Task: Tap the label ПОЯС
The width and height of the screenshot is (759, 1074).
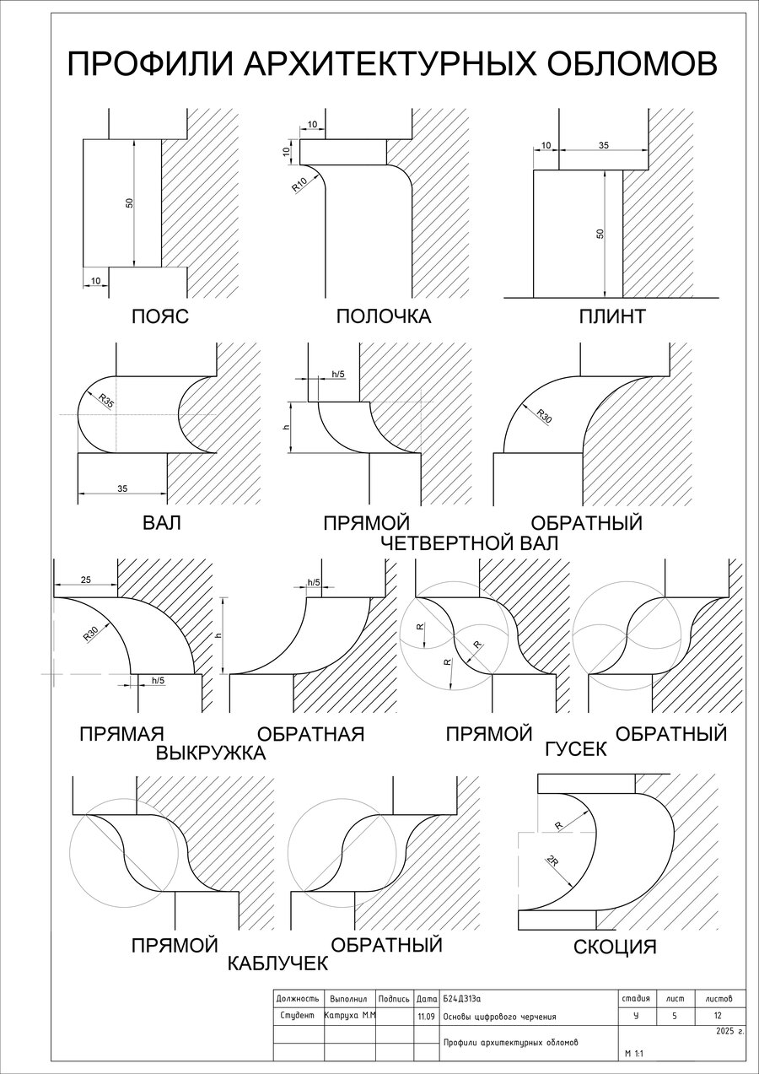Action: (x=159, y=317)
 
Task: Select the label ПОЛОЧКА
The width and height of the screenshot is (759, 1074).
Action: (x=383, y=317)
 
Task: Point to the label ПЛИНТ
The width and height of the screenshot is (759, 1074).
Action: (x=612, y=317)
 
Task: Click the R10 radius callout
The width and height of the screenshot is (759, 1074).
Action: (x=299, y=185)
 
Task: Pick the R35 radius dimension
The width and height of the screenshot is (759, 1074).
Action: (x=106, y=401)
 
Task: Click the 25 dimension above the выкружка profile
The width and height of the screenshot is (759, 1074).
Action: (x=86, y=580)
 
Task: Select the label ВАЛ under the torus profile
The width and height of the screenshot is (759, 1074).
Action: (x=162, y=524)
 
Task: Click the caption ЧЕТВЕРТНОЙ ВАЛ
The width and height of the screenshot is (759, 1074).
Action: (x=470, y=544)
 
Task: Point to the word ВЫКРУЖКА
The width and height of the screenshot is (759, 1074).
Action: (x=211, y=753)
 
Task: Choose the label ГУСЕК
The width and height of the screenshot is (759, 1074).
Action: (x=576, y=749)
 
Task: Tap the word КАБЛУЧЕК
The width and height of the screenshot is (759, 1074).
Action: (x=277, y=963)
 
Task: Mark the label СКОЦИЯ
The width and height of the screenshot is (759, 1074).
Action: (x=615, y=947)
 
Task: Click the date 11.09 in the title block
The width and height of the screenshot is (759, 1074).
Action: (x=426, y=1017)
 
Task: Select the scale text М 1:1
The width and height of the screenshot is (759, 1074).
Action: (x=634, y=1055)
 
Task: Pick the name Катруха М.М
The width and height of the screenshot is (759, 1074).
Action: (x=350, y=1016)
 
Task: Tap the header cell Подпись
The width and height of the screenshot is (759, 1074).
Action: (x=394, y=998)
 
